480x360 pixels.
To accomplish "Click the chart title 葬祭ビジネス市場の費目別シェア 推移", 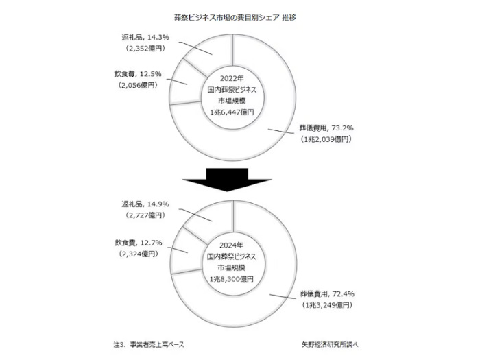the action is (x=235, y=18).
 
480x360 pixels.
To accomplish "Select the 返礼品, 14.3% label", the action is (x=145, y=37).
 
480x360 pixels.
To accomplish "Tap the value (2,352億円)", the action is (x=145, y=49).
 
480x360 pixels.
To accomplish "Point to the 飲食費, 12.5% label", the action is (x=138, y=74).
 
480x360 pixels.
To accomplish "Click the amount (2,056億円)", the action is (x=138, y=85).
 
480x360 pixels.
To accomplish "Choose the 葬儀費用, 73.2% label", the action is (x=326, y=128).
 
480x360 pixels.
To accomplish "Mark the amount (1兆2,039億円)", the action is (x=326, y=139).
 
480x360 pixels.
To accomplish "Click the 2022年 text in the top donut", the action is (x=232, y=78).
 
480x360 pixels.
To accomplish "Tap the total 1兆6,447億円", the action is (x=232, y=112).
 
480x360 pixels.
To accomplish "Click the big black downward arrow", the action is (x=227, y=180).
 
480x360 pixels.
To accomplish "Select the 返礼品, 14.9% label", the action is (x=145, y=204).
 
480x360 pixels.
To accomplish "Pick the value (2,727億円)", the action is (x=145, y=215).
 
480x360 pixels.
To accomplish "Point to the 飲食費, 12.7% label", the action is (x=139, y=243).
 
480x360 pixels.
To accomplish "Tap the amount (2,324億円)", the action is (x=139, y=254).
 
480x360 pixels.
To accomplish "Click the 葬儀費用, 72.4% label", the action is (x=327, y=294).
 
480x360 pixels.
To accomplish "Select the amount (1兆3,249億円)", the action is (x=327, y=305).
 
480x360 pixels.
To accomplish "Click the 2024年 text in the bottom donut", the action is (x=232, y=245).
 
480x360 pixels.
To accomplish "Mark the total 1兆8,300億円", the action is (x=232, y=279).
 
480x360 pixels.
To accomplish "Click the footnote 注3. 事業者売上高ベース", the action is (x=149, y=345).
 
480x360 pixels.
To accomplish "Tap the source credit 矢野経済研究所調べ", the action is (x=330, y=345).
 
